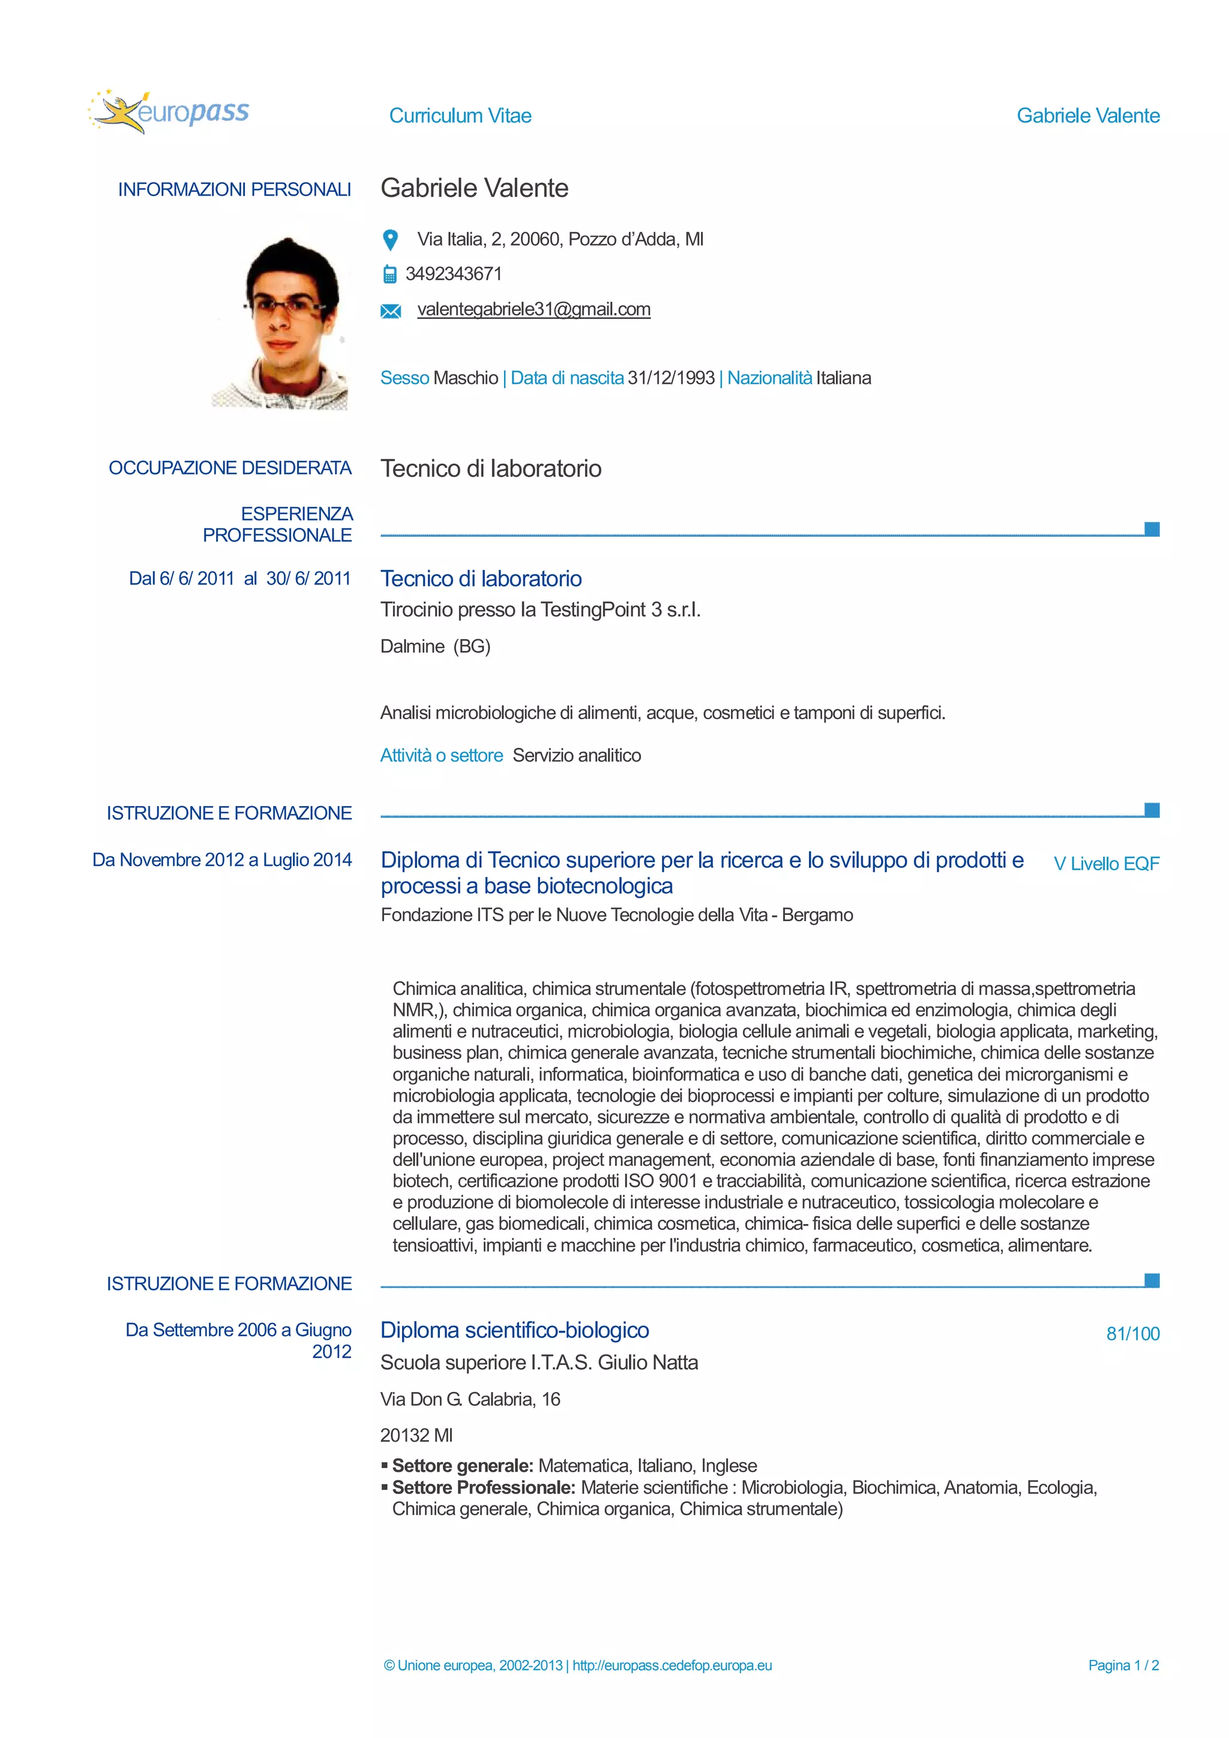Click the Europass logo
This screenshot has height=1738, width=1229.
coord(168,112)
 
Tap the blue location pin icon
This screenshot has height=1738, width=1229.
coord(390,240)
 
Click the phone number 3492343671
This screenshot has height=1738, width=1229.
coord(453,274)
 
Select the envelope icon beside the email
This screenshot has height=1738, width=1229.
coord(390,311)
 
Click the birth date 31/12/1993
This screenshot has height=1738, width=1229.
coord(670,378)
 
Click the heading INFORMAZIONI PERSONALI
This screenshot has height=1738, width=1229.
coord(234,190)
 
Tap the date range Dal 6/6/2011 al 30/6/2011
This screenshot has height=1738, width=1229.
coord(239,578)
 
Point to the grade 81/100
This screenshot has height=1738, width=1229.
coord(1132,1334)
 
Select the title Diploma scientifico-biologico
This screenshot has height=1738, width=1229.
coord(514,1330)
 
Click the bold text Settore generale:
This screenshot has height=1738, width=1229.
coord(462,1466)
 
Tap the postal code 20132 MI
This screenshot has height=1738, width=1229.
coord(416,1435)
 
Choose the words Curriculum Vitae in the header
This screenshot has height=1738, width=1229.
coord(460,116)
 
